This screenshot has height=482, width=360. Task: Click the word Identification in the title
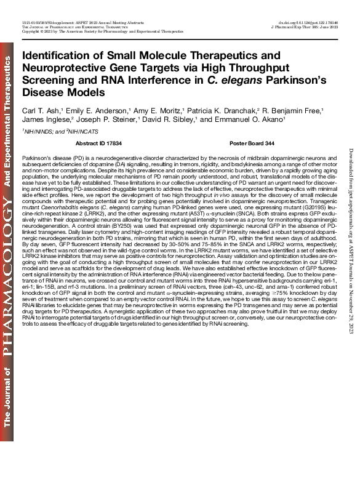tap(54, 55)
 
